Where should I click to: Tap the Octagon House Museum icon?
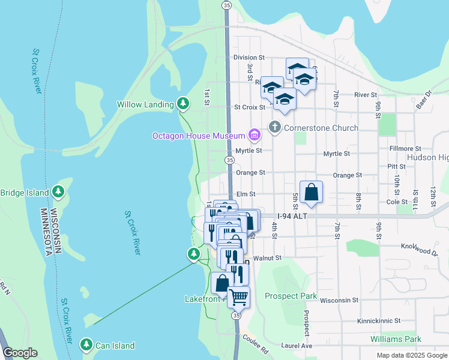[255, 136]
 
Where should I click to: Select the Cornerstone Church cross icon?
[275, 127]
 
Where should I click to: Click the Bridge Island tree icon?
[58, 193]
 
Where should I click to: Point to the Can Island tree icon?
[86, 345]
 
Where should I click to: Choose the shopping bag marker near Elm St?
[311, 193]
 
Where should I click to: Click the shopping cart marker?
[238, 296]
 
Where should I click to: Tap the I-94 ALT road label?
[293, 216]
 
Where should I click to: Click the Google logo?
[20, 353]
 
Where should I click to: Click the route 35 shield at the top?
[226, 5]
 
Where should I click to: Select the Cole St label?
[397, 202]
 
